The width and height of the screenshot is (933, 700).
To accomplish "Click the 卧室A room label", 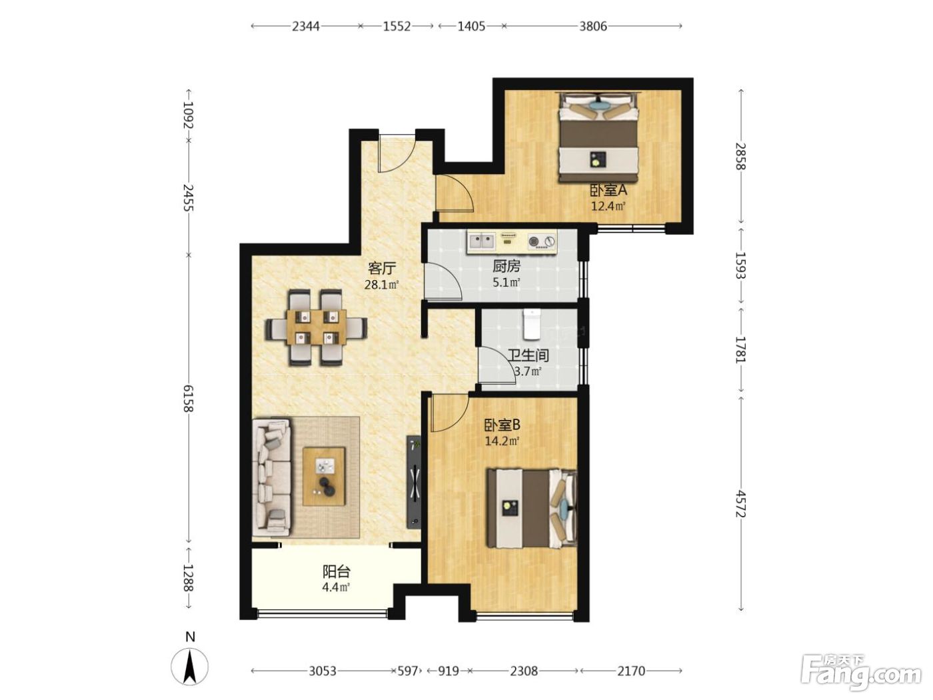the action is pos(608,191).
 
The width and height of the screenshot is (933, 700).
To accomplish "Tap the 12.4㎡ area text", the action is pos(608,207).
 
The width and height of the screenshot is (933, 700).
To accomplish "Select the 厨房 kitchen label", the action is pos(506,267).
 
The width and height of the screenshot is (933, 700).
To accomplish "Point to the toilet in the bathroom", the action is pos(531,324).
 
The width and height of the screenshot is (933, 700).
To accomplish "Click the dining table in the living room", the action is pos(317,327).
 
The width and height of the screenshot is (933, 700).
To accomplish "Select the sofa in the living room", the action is pos(271,477).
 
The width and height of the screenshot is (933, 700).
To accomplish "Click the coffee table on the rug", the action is pos(324,476).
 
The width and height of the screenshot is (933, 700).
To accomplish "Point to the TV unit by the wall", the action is pos(414,481).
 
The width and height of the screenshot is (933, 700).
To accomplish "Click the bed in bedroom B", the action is pos(532,509).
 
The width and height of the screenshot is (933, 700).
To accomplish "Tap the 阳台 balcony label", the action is pos(337,571).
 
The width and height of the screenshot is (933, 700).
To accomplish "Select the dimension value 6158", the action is pos(189,398).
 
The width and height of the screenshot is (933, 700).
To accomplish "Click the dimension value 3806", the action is pos(593,27).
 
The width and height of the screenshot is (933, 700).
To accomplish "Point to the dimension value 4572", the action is pos(741,503).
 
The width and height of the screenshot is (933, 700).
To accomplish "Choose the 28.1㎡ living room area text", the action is pos(381,285).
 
